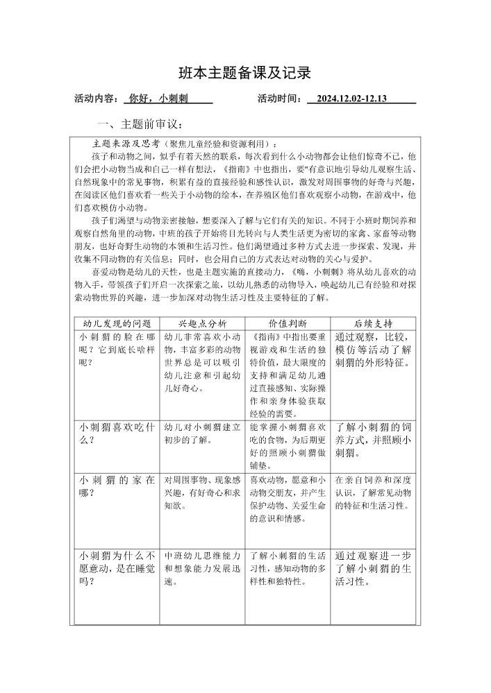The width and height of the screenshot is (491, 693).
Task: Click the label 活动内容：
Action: tap(97, 99)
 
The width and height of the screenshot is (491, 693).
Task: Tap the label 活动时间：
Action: tap(281, 99)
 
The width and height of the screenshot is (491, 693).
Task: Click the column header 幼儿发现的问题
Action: tap(117, 323)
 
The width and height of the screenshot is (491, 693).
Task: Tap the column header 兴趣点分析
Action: tap(203, 323)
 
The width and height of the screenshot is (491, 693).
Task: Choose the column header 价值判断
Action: tap(288, 323)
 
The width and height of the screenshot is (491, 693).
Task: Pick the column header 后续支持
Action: tap(373, 323)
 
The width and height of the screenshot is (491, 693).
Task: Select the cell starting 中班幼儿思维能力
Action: tap(203, 569)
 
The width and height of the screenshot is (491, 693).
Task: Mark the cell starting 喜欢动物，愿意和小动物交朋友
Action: tap(288, 499)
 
